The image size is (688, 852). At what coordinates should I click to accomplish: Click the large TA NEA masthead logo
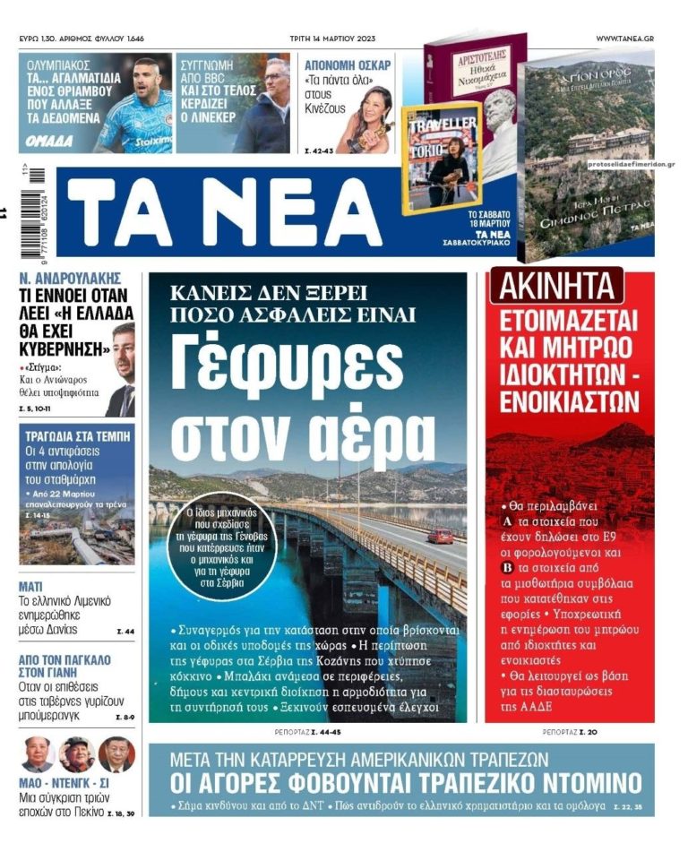pyautogui.click(x=224, y=216)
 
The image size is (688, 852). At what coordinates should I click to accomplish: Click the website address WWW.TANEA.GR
pyautogui.click(x=624, y=39)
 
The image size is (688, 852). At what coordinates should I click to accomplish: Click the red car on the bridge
pyautogui.click(x=440, y=536)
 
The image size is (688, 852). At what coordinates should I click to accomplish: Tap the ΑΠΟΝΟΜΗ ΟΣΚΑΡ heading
pyautogui.click(x=348, y=65)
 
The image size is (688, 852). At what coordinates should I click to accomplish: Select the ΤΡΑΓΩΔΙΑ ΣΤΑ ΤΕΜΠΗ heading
pyautogui.click(x=75, y=436)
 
